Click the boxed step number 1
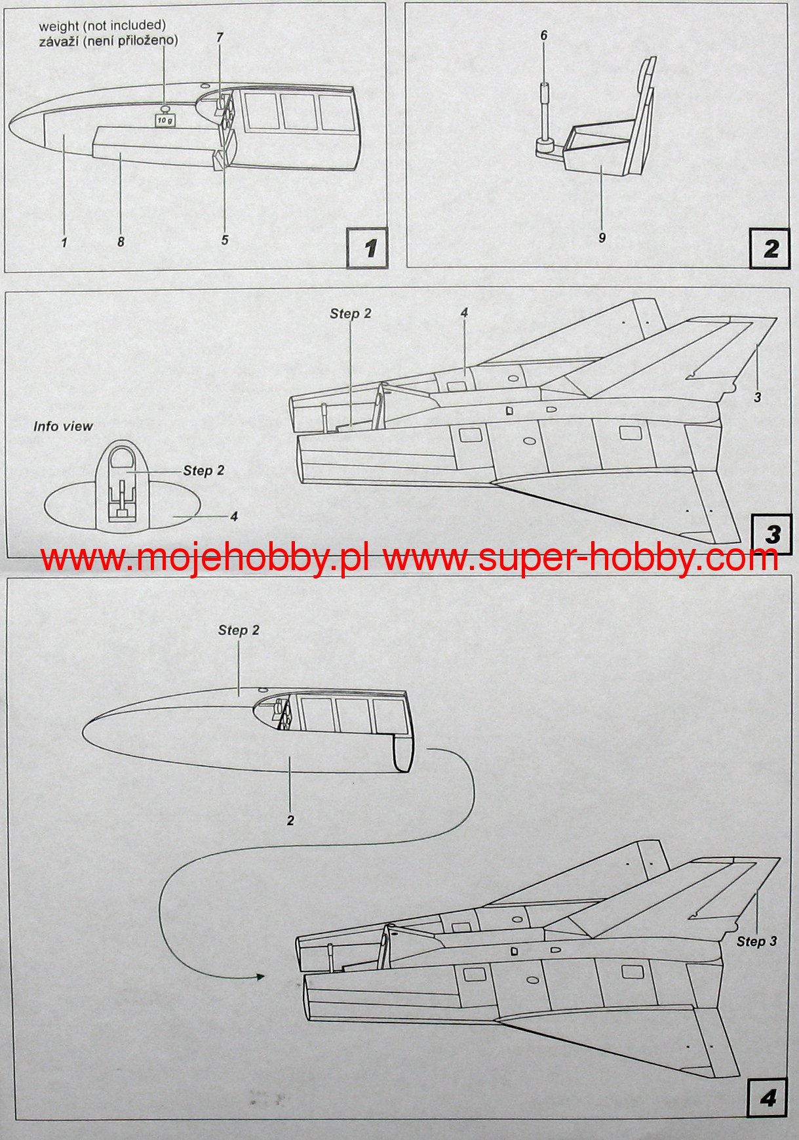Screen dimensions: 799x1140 point(368,248)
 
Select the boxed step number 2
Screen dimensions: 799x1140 point(770,248)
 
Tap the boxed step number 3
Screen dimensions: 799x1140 point(771,534)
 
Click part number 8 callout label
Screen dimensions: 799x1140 point(121,242)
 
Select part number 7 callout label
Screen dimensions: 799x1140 point(220,37)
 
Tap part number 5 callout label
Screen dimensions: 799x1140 point(225,240)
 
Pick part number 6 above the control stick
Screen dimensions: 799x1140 point(543,35)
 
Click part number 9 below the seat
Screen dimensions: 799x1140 point(602,237)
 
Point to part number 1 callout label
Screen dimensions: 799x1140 point(64,243)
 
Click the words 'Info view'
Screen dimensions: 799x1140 point(63,426)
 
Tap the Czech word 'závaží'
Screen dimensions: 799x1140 point(59,41)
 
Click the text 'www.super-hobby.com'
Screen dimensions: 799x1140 point(581,558)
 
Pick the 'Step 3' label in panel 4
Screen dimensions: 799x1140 point(756,941)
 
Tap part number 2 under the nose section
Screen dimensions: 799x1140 point(290,820)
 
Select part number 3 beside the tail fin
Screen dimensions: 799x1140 point(757,397)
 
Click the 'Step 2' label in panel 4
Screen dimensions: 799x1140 point(239,630)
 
